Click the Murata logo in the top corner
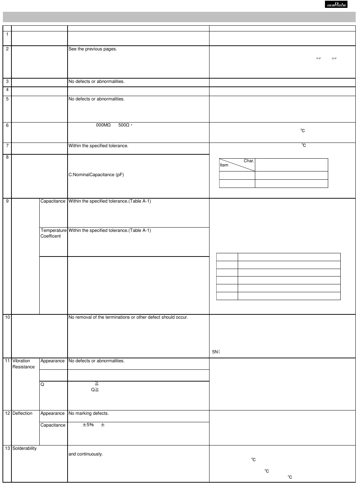336,5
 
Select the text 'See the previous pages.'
93,49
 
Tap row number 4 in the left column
7,90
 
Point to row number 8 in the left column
7,157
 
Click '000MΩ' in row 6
103,125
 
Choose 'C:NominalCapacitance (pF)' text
96,175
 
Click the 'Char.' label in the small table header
249,161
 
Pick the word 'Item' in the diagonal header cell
224,165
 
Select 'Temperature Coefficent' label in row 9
53,233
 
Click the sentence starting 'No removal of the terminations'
128,317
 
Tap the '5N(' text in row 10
216,352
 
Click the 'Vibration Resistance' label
23,364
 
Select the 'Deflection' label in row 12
22,413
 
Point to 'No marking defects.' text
89,413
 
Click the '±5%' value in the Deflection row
88,425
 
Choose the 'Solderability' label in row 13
24,448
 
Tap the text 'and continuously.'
85,454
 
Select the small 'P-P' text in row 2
319,58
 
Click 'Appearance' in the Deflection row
53,413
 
